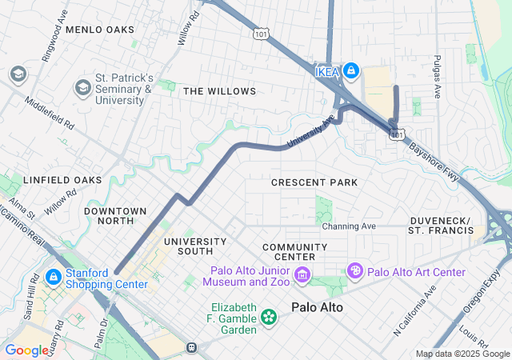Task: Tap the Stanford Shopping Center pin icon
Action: tap(53, 278)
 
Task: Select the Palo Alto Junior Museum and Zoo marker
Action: tap(302, 276)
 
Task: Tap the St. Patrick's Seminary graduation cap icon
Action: tap(82, 86)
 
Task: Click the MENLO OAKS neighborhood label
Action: tap(100, 30)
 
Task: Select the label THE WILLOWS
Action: tap(219, 91)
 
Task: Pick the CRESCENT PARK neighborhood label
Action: tap(314, 182)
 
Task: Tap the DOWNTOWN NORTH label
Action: tap(115, 216)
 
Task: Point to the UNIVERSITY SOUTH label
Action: tap(195, 246)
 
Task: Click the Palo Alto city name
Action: tap(317, 307)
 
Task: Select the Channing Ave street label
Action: tap(349, 226)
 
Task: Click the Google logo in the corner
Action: tap(26, 350)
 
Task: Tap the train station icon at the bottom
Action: tap(191, 347)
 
